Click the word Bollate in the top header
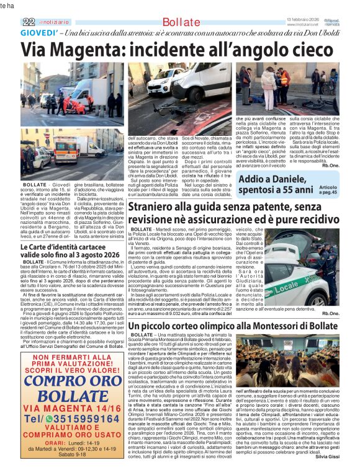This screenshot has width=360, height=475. pyautogui.click(x=181, y=22)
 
